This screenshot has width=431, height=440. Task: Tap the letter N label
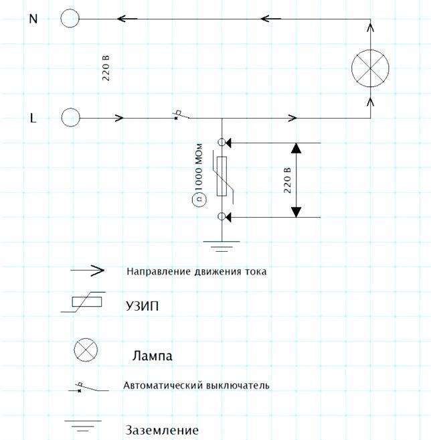coord(33,19)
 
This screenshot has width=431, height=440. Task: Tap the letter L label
coord(33,118)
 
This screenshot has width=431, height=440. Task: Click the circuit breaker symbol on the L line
coord(181,115)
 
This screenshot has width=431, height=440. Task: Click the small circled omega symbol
coord(199,200)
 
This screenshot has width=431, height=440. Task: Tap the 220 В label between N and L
coord(106,68)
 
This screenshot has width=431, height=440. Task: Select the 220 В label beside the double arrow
coord(287,180)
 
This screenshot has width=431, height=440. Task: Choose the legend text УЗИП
coord(142,306)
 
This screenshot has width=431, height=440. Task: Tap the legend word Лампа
coord(153,356)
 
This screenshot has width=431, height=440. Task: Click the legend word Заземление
coord(162,430)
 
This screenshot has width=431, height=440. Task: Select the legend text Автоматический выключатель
coord(196,385)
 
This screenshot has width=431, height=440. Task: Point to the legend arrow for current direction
coord(88,271)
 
